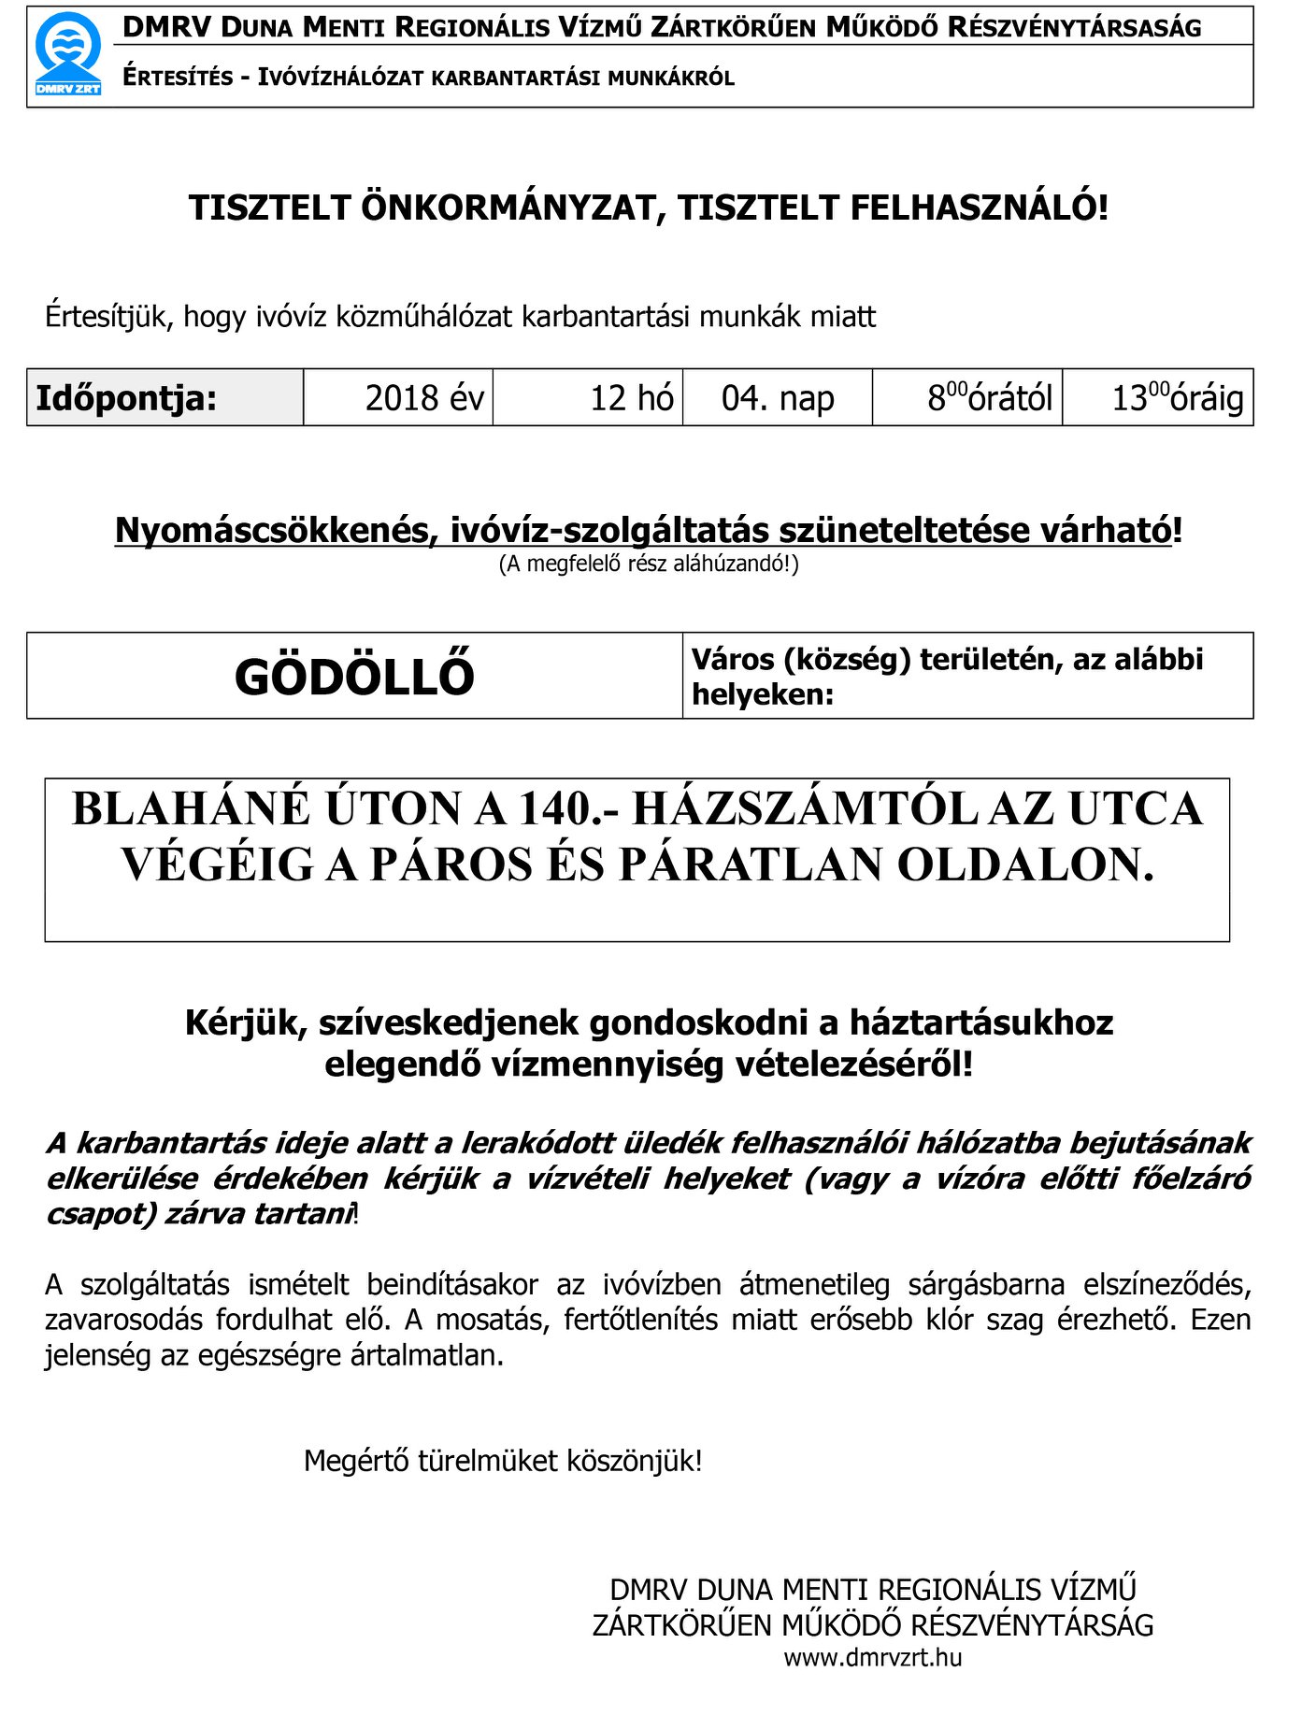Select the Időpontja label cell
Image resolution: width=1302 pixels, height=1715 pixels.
pyautogui.click(x=165, y=398)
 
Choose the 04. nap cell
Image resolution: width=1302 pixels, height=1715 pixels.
pyautogui.click(x=778, y=398)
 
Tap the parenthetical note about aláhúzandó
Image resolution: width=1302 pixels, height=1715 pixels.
pyautogui.click(x=649, y=564)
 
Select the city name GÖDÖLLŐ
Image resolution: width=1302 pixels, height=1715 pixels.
pyautogui.click(x=354, y=677)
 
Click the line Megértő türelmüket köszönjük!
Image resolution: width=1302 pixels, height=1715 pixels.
pyautogui.click(x=503, y=1461)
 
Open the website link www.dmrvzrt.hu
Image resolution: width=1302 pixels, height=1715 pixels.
pyautogui.click(x=873, y=1658)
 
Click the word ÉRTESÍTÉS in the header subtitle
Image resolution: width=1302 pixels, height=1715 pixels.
pyautogui.click(x=179, y=78)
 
